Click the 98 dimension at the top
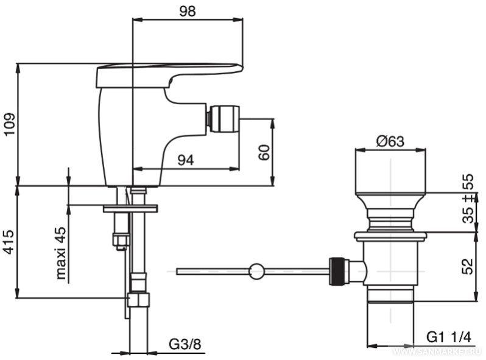pos(188,11)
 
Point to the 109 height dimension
pos(9,124)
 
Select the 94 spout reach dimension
pos(186,160)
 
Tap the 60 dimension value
pos(264,152)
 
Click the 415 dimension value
pos(9,242)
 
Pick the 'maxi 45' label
pos(61,253)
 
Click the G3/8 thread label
pos(185,344)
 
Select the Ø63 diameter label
pos(390,141)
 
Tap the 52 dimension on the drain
pos(468,266)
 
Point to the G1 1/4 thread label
pos(449,337)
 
